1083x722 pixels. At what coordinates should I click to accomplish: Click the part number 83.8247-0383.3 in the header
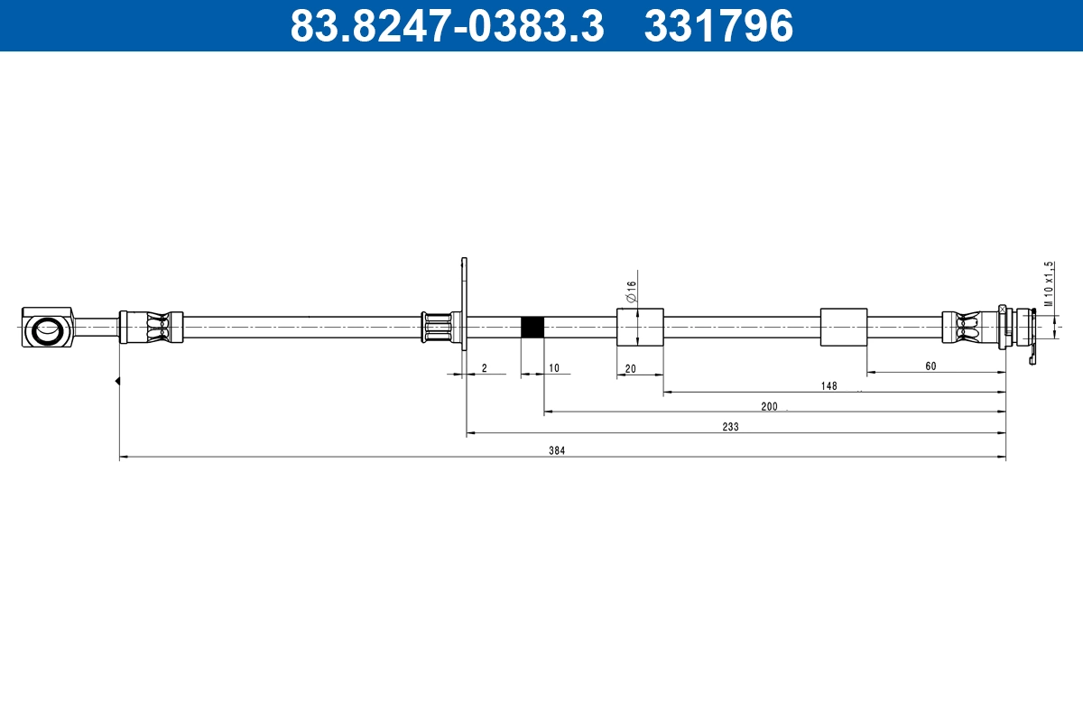click(x=447, y=25)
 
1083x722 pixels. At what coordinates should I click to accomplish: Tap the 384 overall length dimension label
click(x=557, y=450)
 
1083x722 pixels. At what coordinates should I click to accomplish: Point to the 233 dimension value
click(x=730, y=427)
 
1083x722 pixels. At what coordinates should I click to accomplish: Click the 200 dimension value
click(x=769, y=406)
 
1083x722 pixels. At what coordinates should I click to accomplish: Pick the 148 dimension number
click(x=828, y=385)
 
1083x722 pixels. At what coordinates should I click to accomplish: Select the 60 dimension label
click(x=930, y=366)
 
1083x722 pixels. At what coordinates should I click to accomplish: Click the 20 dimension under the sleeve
click(x=630, y=367)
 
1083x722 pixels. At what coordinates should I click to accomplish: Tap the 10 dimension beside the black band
click(x=553, y=367)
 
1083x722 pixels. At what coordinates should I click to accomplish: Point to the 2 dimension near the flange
click(x=485, y=367)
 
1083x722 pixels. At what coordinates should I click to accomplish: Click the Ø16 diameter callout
click(x=632, y=291)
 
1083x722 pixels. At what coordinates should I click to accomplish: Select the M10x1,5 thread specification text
click(x=1049, y=284)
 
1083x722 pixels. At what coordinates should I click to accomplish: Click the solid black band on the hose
click(x=532, y=327)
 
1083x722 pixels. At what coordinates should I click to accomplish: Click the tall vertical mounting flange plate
click(x=464, y=304)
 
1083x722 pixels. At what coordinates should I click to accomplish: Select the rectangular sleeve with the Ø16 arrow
click(x=640, y=327)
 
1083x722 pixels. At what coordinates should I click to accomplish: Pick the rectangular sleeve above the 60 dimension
click(x=844, y=327)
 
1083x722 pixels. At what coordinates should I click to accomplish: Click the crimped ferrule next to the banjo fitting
click(x=151, y=327)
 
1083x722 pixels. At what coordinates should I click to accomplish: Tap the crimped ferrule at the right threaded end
click(x=968, y=327)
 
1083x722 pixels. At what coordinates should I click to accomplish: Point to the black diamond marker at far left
click(x=117, y=381)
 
